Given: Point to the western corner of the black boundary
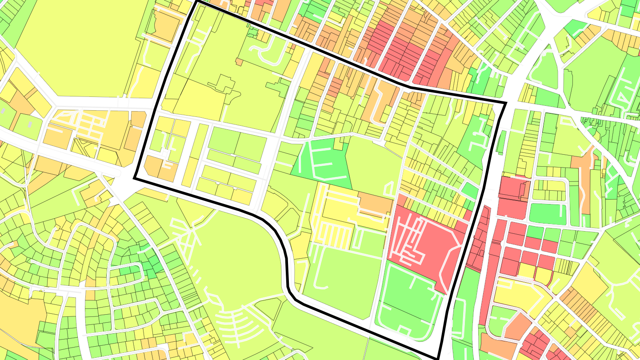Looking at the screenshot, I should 135,179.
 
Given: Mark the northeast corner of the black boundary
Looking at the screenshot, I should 506,104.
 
